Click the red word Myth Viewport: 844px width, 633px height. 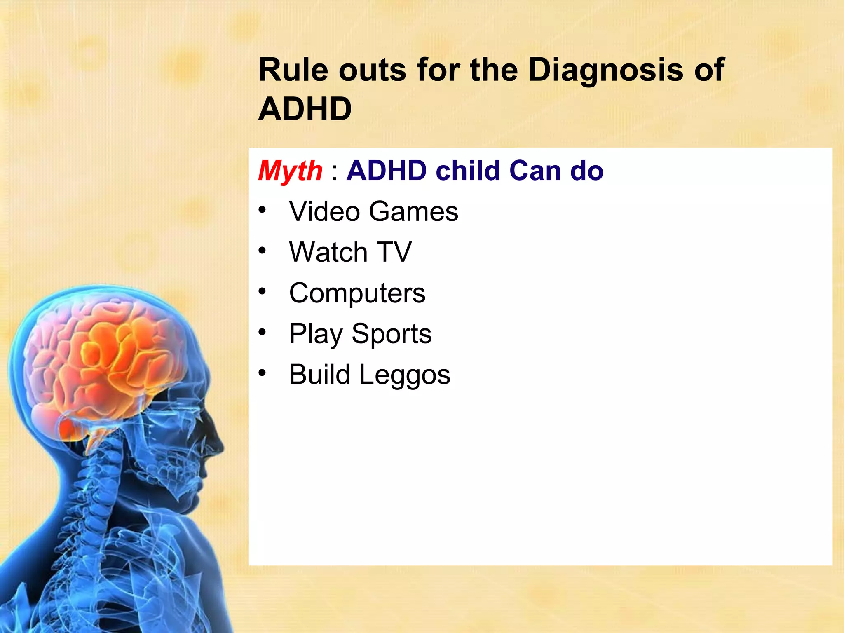coord(290,171)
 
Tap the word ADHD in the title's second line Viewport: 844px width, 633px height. coord(305,109)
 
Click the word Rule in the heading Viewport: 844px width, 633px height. coord(293,70)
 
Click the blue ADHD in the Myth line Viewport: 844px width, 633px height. coord(386,171)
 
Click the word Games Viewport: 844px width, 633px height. coord(413,211)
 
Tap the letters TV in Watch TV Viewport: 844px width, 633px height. coord(394,252)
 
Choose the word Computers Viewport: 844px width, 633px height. coord(357,293)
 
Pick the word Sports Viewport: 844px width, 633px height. coord(392,333)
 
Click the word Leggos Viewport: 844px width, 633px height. coord(405,375)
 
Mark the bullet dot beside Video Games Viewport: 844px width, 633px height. coord(263,210)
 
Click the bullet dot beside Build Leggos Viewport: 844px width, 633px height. coord(263,373)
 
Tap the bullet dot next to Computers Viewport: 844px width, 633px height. coord(263,291)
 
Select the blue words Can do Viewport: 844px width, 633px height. coord(556,171)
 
